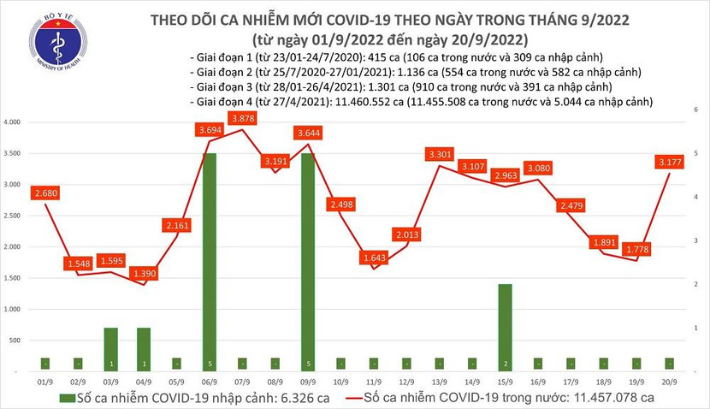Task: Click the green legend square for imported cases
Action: point(66,397)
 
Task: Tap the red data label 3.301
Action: point(439,155)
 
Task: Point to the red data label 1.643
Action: point(375,257)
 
